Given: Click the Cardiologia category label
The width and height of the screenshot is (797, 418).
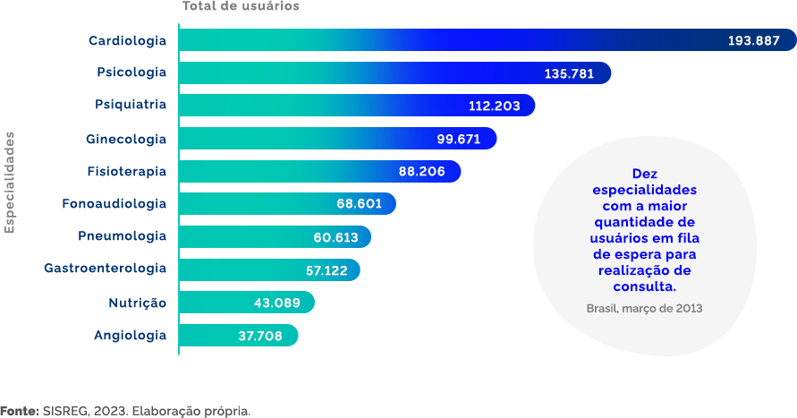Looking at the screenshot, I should pyautogui.click(x=127, y=41).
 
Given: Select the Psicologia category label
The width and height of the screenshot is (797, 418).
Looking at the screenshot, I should pyautogui.click(x=131, y=73).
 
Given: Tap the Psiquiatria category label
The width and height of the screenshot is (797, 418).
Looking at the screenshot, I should pyautogui.click(x=131, y=106).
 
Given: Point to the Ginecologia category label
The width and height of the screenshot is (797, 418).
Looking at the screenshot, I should pyautogui.click(x=126, y=139).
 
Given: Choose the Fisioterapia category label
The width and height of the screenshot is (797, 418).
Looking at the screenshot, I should pyautogui.click(x=126, y=171).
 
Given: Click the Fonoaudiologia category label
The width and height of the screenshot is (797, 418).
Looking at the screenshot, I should pyautogui.click(x=114, y=204).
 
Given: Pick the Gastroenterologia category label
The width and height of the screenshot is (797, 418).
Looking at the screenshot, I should pyautogui.click(x=105, y=269).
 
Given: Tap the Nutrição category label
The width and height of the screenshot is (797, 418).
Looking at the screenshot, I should pyautogui.click(x=137, y=303).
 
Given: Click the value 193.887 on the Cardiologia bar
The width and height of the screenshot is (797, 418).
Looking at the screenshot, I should pyautogui.click(x=754, y=41).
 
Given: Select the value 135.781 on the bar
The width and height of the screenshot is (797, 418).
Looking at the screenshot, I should pyautogui.click(x=569, y=73).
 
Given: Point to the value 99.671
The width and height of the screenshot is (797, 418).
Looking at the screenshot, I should pyautogui.click(x=459, y=139).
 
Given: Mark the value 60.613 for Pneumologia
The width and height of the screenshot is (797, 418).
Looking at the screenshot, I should pyautogui.click(x=335, y=237).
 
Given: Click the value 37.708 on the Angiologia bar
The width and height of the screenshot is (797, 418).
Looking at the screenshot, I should pyautogui.click(x=260, y=336).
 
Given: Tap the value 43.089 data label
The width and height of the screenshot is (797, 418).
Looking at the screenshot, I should pyautogui.click(x=276, y=303).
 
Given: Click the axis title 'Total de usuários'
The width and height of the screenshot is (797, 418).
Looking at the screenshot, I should pyautogui.click(x=241, y=6).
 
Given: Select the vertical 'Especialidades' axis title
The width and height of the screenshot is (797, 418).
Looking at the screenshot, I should pyautogui.click(x=10, y=183).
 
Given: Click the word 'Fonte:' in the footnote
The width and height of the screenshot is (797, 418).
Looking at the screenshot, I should pyautogui.click(x=19, y=411).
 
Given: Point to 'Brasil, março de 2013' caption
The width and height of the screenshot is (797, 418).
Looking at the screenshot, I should pyautogui.click(x=644, y=308).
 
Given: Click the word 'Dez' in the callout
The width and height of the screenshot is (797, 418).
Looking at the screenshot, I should pyautogui.click(x=644, y=174).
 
